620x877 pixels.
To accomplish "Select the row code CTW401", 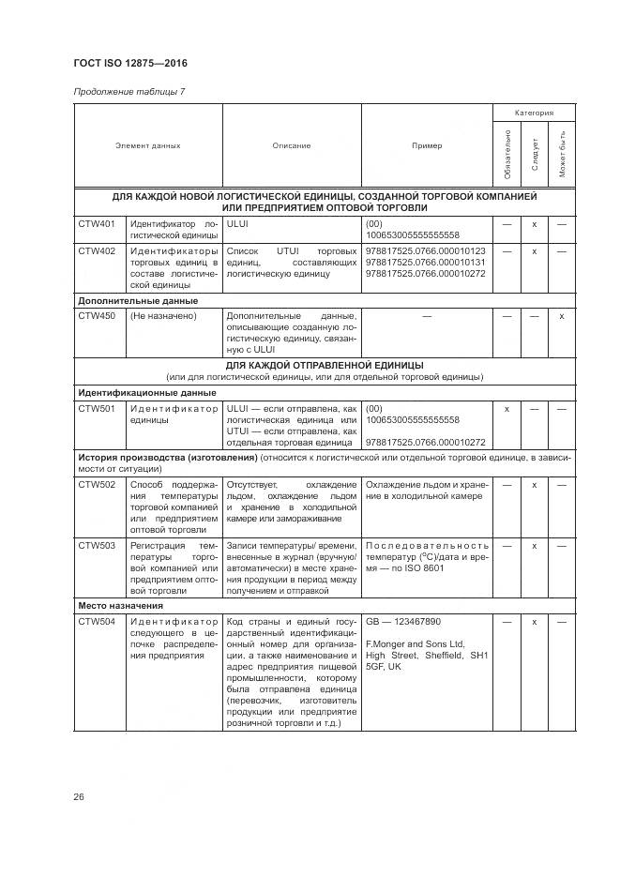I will [97, 224].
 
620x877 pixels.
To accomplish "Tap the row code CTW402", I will [97, 251].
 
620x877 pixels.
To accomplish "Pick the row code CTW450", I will [97, 316].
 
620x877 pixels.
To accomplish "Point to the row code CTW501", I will [97, 409].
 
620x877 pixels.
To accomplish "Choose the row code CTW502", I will [97, 485].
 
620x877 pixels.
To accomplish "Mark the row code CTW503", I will [97, 546].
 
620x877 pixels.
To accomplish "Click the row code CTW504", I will [97, 622].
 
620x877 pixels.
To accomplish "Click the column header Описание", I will [292, 146].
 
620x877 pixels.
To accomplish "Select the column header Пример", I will [427, 146].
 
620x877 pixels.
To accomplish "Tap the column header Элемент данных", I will [148, 146].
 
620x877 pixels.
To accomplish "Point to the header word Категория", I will [534, 113].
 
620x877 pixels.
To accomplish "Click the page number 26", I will [79, 797].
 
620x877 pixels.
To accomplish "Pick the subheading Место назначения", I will [120, 606].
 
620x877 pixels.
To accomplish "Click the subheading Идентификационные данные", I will [146, 393].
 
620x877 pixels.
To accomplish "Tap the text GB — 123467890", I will [403, 622].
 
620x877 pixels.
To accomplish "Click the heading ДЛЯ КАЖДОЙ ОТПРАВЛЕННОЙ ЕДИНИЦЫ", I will [325, 365].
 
